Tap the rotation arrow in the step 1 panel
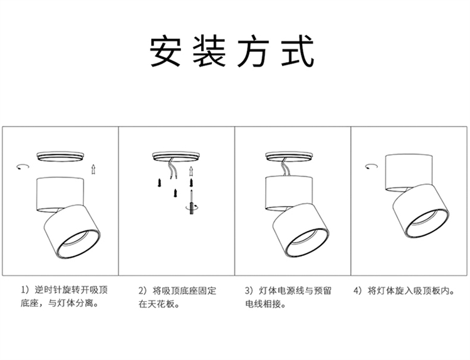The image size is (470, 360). (x=23, y=167)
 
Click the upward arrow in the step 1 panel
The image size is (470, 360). (x=93, y=169)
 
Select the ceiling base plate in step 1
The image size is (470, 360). (x=61, y=157)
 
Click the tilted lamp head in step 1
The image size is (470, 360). (x=72, y=232)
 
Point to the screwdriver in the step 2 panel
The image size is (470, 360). (x=191, y=202)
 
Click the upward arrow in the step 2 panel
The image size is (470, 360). (x=191, y=172)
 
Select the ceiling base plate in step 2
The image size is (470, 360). (x=176, y=157)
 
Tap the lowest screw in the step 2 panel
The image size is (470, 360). (x=175, y=193)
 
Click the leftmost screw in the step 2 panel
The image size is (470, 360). (x=159, y=182)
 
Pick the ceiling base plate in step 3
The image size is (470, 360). (x=289, y=157)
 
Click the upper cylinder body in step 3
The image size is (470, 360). (x=290, y=193)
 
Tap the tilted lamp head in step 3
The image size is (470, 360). (x=301, y=231)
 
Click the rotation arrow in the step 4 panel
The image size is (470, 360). (x=372, y=166)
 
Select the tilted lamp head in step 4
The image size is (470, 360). (x=421, y=211)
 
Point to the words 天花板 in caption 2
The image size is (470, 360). (x=161, y=304)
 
